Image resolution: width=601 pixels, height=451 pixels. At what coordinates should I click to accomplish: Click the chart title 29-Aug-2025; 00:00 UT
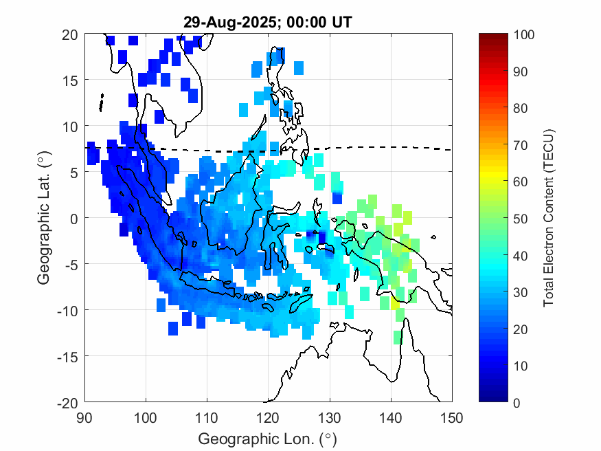(268, 23)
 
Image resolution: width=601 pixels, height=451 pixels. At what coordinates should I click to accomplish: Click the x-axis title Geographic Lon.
(268, 438)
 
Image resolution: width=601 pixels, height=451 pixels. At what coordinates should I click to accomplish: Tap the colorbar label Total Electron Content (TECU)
(549, 217)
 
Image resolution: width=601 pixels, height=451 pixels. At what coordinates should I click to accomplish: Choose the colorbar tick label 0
(517, 402)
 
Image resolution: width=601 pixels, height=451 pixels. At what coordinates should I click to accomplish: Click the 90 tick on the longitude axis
(84, 417)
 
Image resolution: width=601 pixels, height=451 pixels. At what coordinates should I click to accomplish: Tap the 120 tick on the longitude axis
(268, 417)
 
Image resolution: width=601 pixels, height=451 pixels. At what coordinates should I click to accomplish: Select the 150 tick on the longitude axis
(452, 417)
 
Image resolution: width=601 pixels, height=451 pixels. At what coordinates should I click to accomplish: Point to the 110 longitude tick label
(207, 417)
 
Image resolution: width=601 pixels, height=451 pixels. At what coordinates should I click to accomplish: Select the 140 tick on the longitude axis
(391, 417)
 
